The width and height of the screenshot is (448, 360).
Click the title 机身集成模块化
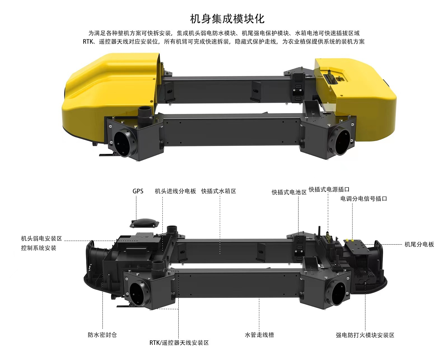227,19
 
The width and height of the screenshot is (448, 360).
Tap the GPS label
138,191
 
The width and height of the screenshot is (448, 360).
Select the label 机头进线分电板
175,191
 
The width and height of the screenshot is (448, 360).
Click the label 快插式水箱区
219,191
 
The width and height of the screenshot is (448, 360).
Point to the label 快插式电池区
289,192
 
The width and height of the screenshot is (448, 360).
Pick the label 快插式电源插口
329,189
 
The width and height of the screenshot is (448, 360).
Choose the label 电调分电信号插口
364,199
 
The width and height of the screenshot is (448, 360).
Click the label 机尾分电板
419,244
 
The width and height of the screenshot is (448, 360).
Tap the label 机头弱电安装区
42,238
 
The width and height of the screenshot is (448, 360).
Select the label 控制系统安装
39,248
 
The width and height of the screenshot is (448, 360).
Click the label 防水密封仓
102,335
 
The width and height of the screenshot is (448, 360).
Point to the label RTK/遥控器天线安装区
179,343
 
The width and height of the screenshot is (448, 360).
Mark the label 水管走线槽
259,335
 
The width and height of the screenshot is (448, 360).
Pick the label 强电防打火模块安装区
365,335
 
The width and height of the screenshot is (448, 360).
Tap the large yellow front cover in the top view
108,94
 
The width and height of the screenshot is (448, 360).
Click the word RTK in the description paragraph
88,42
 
